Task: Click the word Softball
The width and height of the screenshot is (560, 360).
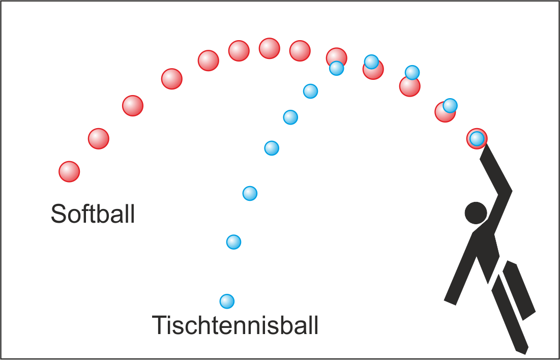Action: pos(93,214)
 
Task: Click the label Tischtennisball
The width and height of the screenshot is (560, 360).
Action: pos(235,325)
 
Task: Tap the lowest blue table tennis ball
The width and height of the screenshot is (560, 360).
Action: pos(227,302)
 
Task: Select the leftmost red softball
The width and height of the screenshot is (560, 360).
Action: pos(69,172)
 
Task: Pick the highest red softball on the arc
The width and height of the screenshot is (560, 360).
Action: pos(269,48)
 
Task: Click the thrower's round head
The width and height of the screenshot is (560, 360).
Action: pos(476,213)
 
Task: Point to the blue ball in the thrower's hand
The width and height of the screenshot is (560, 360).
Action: pos(477,139)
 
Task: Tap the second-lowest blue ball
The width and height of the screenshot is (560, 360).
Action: pos(233,242)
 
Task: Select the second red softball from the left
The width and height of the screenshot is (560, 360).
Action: pos(98,139)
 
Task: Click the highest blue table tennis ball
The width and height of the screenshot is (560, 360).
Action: pos(371,62)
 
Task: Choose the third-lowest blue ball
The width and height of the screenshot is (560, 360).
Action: pos(250,193)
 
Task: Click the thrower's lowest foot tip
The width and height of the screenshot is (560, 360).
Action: pos(523,352)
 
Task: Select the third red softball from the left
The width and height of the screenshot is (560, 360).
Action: pos(133,106)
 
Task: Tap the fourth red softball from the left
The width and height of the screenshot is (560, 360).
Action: pos(172,79)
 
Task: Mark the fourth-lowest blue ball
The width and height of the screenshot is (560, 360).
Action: pos(272,148)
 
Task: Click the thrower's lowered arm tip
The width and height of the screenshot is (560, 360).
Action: pos(450,302)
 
